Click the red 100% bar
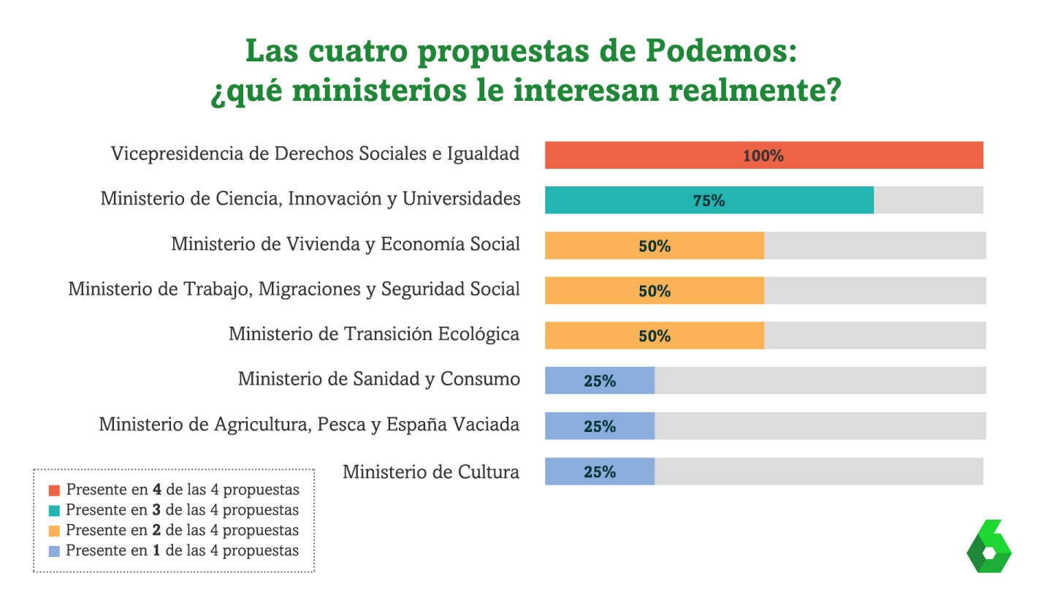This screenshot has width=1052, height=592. pyautogui.click(x=763, y=155)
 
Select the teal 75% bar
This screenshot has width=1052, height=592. pyautogui.click(x=709, y=200)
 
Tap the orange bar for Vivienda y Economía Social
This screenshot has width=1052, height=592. pyautogui.click(x=655, y=246)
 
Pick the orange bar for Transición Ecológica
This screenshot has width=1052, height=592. pyautogui.click(x=655, y=335)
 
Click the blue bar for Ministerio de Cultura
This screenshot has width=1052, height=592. pyautogui.click(x=600, y=471)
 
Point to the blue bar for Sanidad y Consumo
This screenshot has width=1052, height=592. pyautogui.click(x=600, y=381)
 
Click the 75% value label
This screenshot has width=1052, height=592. pyautogui.click(x=709, y=201)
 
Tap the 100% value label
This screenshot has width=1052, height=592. pyautogui.click(x=763, y=156)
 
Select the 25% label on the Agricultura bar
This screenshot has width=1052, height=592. pyautogui.click(x=600, y=427)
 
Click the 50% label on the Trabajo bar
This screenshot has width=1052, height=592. pyautogui.click(x=655, y=292)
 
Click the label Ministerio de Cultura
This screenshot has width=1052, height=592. pyautogui.click(x=431, y=471)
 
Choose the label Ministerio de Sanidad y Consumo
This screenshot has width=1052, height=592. pyautogui.click(x=379, y=379)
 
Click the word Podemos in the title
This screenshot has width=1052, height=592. pyautogui.click(x=721, y=50)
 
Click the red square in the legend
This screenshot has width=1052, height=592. pyautogui.click(x=55, y=490)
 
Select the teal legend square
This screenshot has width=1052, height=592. pyautogui.click(x=55, y=511)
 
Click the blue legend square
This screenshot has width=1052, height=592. pyautogui.click(x=55, y=551)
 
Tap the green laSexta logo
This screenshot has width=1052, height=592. pyautogui.click(x=989, y=546)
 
